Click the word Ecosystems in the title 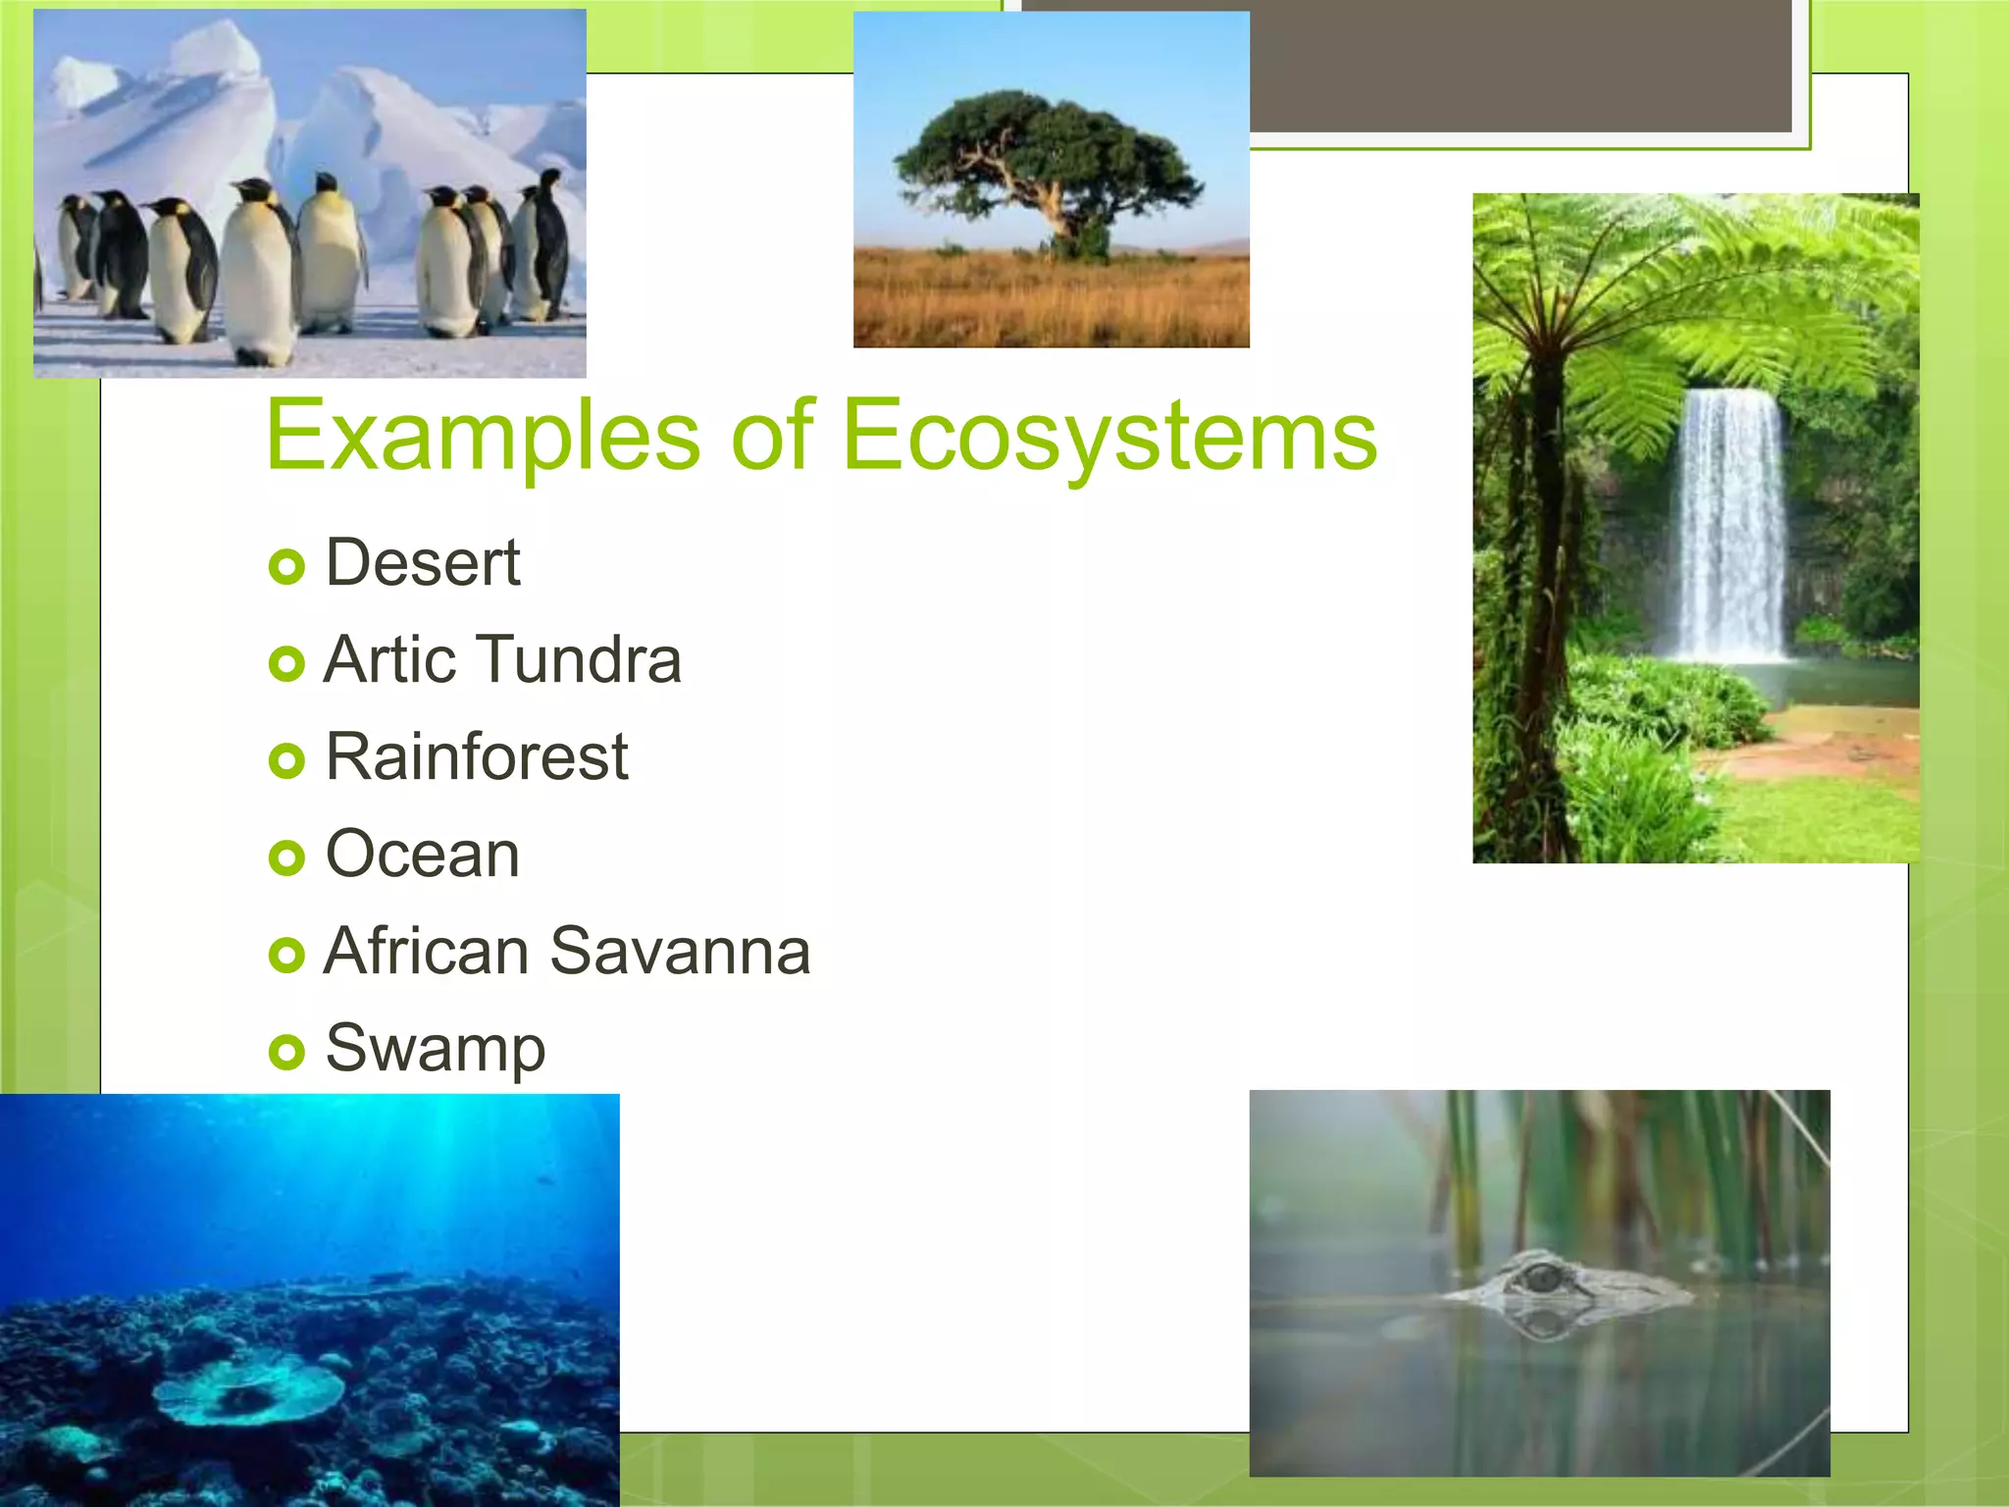tap(1108, 437)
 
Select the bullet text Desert tap(422, 563)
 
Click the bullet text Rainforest tap(476, 757)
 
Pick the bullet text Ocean tap(422, 855)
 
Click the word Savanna tap(680, 952)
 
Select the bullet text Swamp tap(435, 1049)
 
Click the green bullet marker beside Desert tap(286, 567)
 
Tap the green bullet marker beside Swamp tap(286, 1052)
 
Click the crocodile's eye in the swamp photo tap(1543, 1277)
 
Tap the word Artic tap(389, 659)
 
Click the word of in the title tap(772, 437)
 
